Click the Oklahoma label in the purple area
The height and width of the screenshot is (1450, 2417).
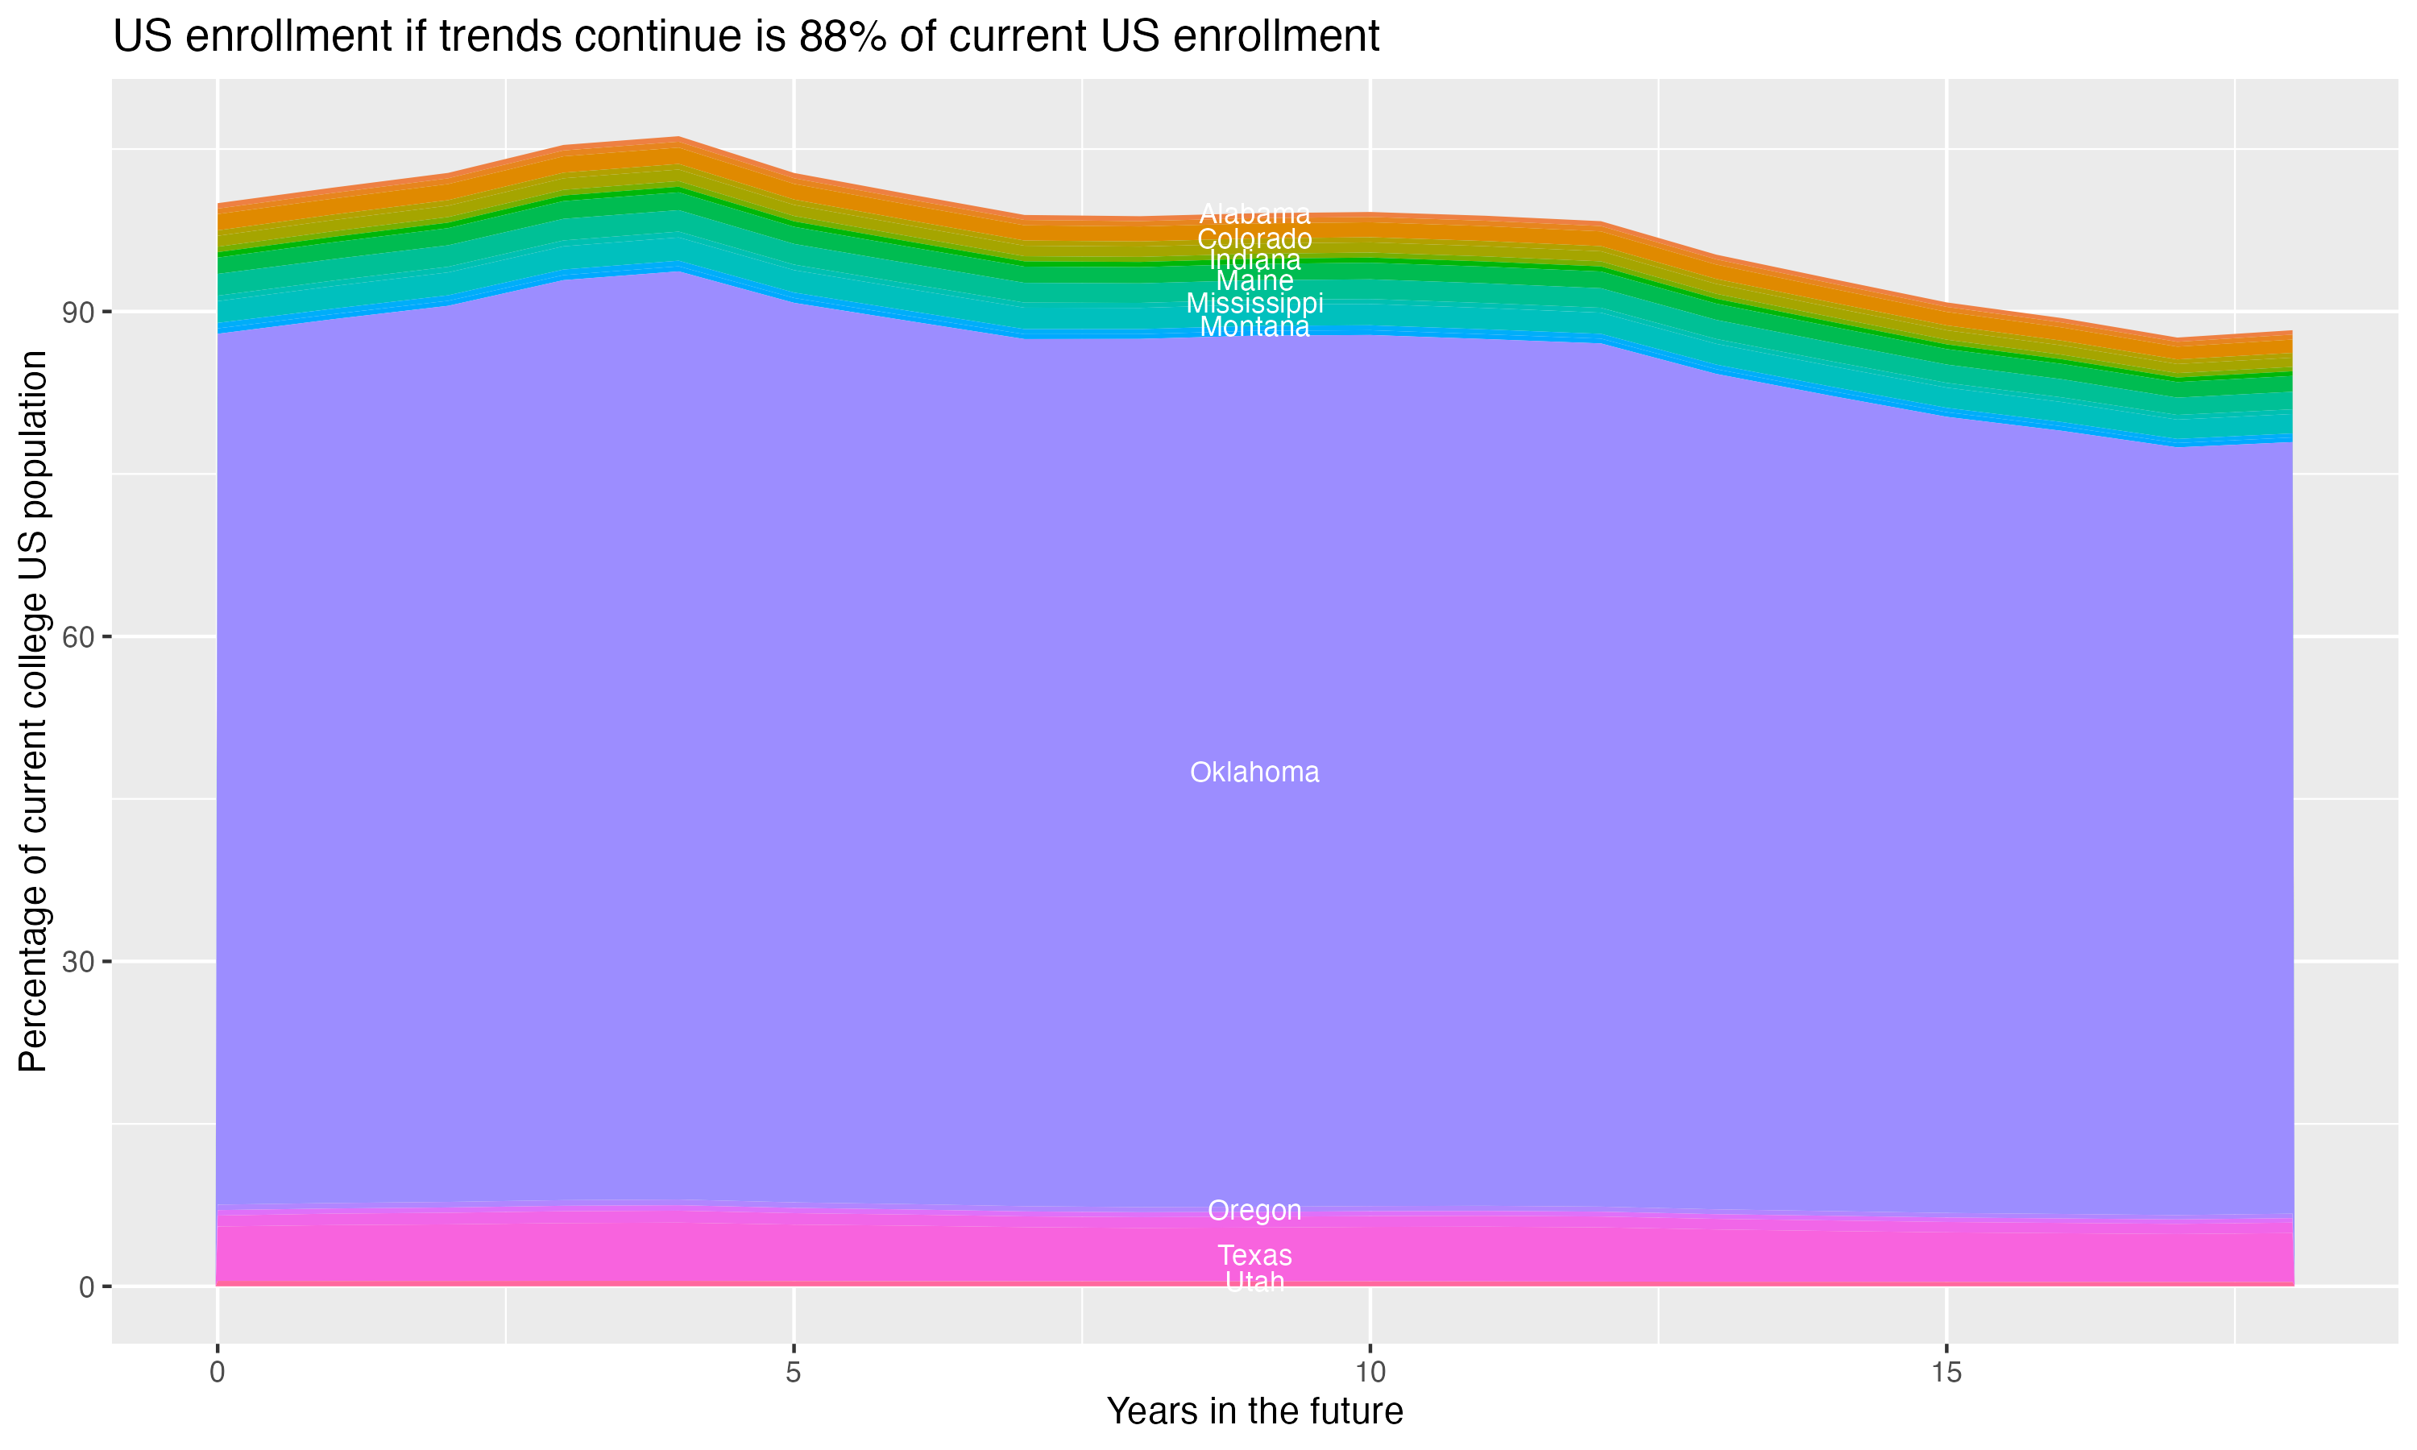(1254, 772)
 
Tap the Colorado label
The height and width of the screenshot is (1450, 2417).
(1254, 238)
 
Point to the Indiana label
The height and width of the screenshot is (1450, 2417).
(1254, 260)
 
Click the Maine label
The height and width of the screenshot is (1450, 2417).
(1254, 280)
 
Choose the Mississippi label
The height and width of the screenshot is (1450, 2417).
(1254, 303)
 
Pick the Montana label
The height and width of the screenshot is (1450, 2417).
(1254, 326)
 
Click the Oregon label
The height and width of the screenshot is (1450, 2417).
(1254, 1211)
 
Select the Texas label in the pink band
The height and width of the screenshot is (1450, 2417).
(1254, 1256)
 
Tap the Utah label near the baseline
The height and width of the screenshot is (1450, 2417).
(1254, 1282)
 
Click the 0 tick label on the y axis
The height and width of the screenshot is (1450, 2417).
(87, 1286)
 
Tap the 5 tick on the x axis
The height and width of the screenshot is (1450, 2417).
(794, 1373)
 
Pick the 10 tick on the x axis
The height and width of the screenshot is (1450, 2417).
(1370, 1373)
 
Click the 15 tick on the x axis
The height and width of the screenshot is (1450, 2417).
(1946, 1373)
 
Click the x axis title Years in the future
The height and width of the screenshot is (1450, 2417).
(1254, 1412)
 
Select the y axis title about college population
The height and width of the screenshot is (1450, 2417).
(33, 711)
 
